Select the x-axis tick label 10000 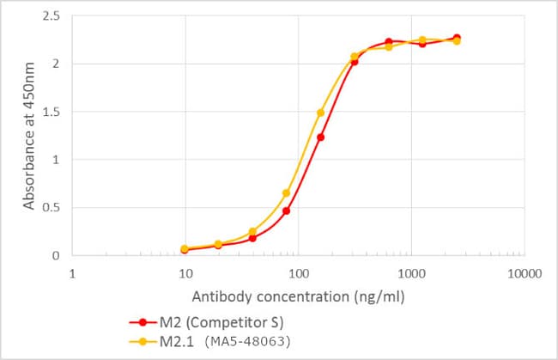click(x=523, y=274)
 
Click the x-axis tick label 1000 click(x=410, y=274)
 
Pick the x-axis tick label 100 click(x=298, y=274)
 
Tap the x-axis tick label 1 click(x=73, y=274)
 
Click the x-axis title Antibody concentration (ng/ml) click(x=298, y=297)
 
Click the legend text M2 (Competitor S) click(x=215, y=322)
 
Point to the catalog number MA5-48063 click(x=247, y=340)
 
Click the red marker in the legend click(x=143, y=322)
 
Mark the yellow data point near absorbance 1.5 click(x=320, y=113)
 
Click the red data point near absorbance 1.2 click(x=320, y=137)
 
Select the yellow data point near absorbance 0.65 click(x=286, y=192)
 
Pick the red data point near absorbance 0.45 click(x=286, y=211)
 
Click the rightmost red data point click(x=456, y=38)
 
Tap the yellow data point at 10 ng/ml click(x=185, y=248)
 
